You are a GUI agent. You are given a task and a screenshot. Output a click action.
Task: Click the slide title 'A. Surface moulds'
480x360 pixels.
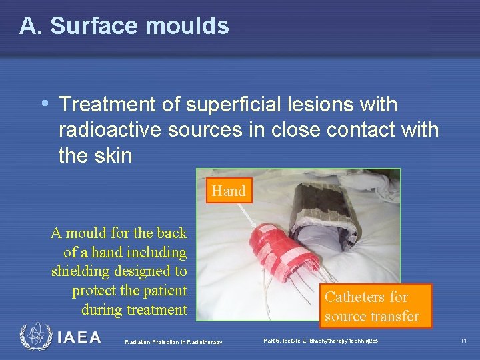pyautogui.click(x=124, y=26)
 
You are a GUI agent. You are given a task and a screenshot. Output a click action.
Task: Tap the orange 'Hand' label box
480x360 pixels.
pyautogui.click(x=229, y=191)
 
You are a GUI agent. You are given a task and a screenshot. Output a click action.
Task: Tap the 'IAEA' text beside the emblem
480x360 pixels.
pyautogui.click(x=79, y=338)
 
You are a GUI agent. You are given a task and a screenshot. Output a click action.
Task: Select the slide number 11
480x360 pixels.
pyautogui.click(x=463, y=341)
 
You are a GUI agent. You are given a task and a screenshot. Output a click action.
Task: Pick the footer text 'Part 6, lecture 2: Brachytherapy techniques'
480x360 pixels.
pyautogui.click(x=321, y=341)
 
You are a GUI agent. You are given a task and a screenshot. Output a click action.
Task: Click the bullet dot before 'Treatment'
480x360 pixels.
pyautogui.click(x=45, y=104)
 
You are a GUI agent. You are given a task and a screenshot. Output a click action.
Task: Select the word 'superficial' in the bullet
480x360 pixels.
pyautogui.click(x=221, y=105)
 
